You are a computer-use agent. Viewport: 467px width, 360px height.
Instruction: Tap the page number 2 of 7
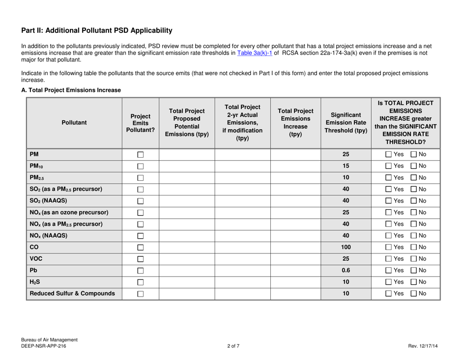(x=233, y=348)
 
